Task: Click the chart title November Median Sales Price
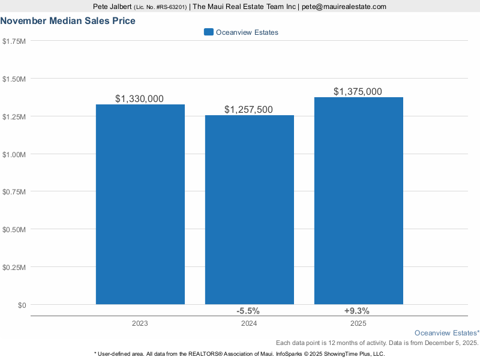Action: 68,21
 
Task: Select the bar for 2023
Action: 140,204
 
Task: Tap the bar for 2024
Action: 250,210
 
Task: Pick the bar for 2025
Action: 359,201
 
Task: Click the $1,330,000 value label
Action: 140,98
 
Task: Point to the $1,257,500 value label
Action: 249,109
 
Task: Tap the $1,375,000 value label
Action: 358,91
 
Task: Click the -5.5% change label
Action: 248,311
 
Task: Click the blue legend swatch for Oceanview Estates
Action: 208,32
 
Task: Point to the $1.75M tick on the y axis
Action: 14,41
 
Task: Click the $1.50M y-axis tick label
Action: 14,79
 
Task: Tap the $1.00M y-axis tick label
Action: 14,154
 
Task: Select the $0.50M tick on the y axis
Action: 14,230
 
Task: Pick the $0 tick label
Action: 22,305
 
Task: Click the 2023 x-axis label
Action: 140,323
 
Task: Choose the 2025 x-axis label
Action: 359,323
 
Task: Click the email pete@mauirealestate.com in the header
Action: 344,7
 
